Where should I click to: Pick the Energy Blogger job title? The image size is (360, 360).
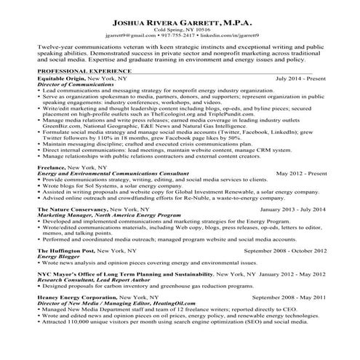[x=58, y=279]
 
